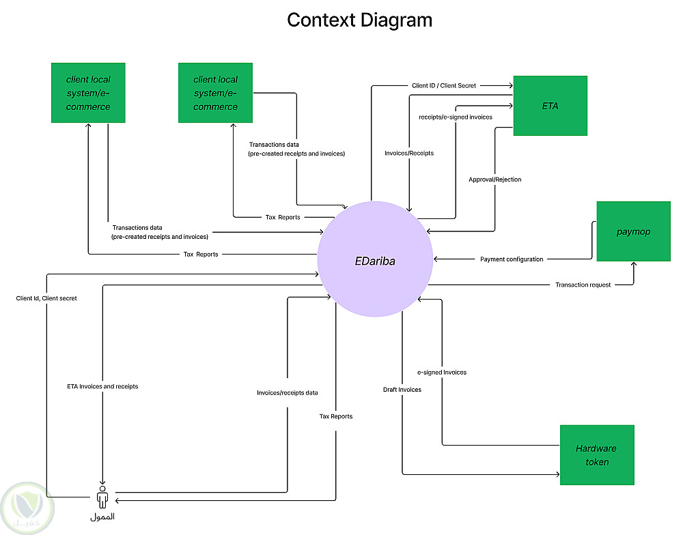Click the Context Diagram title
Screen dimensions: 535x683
click(359, 20)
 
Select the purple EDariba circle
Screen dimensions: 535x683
click(375, 259)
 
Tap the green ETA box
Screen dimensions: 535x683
click(550, 106)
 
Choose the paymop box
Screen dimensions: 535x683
click(633, 231)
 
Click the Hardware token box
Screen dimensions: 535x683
click(596, 454)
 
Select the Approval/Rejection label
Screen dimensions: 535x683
click(494, 179)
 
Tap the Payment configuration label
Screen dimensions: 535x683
click(512, 259)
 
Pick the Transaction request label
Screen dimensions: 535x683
click(583, 285)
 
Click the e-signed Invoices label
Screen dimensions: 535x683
click(442, 373)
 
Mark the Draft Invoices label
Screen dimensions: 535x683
click(402, 390)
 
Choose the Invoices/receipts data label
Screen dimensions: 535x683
click(287, 393)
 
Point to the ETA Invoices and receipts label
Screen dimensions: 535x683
click(102, 387)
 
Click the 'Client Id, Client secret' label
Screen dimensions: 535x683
click(46, 298)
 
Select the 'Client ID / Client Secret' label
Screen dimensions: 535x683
click(444, 85)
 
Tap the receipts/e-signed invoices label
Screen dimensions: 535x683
click(456, 117)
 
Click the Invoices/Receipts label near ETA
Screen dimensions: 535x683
click(409, 154)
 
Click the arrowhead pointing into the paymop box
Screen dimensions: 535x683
click(634, 264)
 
